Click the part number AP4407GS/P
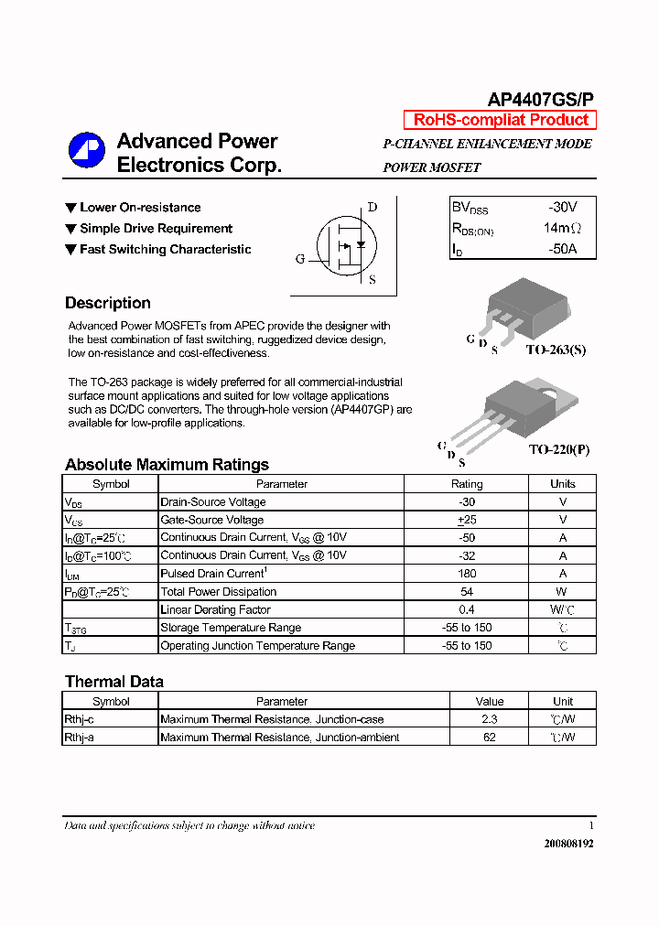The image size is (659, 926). click(540, 101)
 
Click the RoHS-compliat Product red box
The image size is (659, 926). click(501, 120)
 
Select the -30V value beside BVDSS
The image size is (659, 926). click(562, 208)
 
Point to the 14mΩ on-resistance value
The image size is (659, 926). click(562, 228)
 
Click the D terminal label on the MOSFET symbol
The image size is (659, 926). click(372, 207)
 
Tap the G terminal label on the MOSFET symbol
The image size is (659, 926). click(300, 259)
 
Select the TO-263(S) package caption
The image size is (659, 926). click(556, 350)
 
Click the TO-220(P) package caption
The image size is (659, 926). click(559, 450)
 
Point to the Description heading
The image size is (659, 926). click(108, 303)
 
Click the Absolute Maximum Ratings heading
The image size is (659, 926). click(167, 465)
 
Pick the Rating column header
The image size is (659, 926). click(467, 484)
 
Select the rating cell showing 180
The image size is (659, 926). click(467, 574)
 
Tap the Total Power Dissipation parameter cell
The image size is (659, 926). click(218, 592)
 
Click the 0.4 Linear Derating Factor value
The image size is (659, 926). click(467, 609)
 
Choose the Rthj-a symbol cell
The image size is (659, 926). click(79, 738)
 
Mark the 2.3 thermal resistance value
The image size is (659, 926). click(490, 720)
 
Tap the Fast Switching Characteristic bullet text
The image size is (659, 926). click(165, 250)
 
